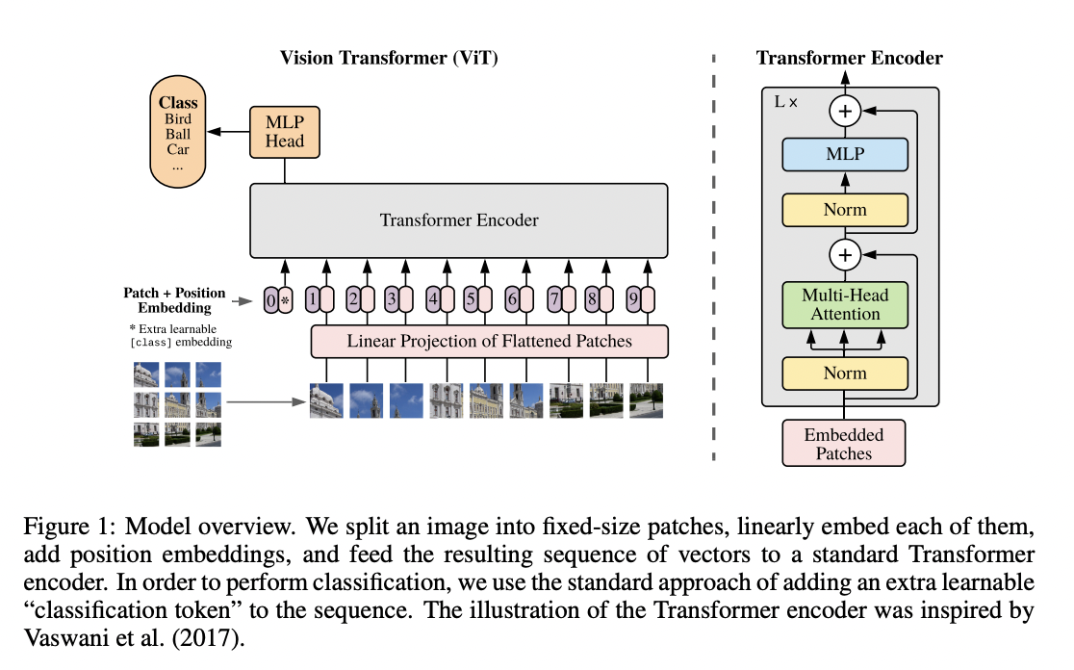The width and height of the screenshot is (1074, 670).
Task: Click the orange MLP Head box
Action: (x=284, y=131)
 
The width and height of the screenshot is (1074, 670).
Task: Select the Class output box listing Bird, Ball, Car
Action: (x=178, y=134)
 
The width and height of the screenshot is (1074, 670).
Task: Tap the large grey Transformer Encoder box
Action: (x=459, y=220)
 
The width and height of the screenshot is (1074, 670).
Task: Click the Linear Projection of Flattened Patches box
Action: (x=489, y=341)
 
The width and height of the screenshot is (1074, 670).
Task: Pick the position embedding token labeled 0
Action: (x=271, y=300)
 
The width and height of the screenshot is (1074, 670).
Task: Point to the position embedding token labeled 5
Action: (x=471, y=300)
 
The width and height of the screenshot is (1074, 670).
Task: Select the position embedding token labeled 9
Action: (x=631, y=300)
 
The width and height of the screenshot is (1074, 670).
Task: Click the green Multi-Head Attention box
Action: (x=844, y=304)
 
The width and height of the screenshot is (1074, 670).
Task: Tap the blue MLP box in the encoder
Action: (x=844, y=154)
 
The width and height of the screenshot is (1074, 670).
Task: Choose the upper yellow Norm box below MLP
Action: (x=844, y=209)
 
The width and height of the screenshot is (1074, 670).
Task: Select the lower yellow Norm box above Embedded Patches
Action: (x=844, y=373)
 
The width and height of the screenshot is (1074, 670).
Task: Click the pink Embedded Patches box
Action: (x=844, y=443)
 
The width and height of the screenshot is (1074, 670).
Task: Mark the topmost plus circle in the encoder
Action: (x=845, y=112)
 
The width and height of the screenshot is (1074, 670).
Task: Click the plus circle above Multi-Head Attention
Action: (x=845, y=255)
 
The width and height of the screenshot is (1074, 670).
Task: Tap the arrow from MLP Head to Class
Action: (x=229, y=132)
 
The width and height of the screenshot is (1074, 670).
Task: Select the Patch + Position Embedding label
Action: (x=174, y=299)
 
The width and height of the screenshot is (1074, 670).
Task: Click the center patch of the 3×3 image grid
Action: (x=177, y=402)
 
